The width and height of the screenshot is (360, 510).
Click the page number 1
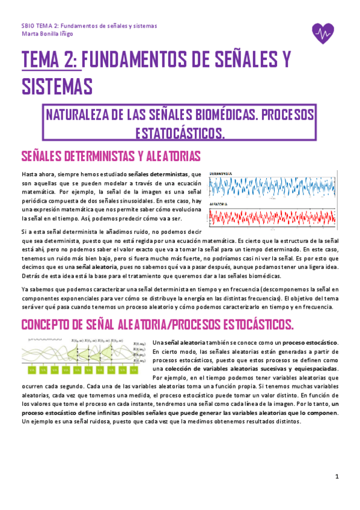(x=337, y=476)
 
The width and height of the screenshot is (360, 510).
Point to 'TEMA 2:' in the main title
(x=49, y=60)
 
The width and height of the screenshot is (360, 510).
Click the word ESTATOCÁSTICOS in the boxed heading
(x=181, y=132)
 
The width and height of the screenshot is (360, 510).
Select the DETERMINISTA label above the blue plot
(x=224, y=174)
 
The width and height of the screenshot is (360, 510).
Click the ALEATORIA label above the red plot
(x=221, y=204)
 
